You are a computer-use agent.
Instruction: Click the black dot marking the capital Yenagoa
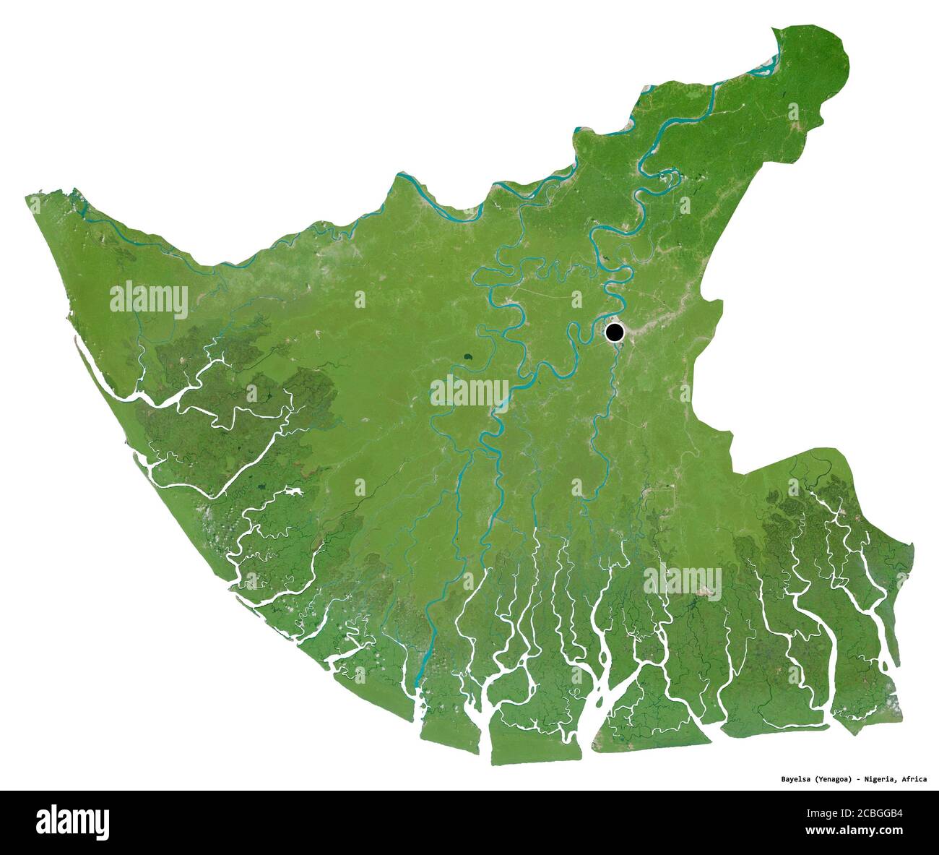pos(614,332)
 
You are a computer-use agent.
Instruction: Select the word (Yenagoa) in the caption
pos(836,779)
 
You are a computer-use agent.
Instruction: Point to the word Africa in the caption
pos(916,779)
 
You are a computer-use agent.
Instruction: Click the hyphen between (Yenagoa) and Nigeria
pos(860,779)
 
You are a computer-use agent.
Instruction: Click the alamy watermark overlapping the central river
pos(469,392)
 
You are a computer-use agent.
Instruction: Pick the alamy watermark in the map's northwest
pos(150,299)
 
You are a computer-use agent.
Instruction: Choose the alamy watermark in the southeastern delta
pos(682,580)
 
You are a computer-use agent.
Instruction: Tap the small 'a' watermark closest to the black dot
pos(576,298)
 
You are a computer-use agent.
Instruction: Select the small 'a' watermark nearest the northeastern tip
pos(793,111)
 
